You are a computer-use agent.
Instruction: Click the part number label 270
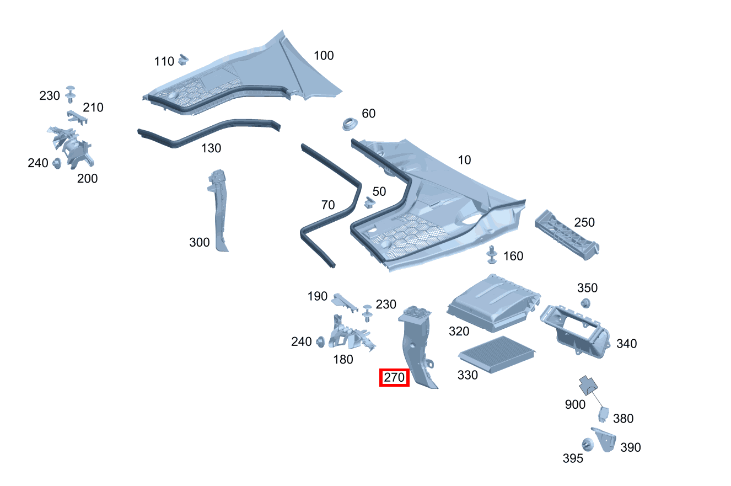394,378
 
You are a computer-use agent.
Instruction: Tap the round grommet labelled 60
350,124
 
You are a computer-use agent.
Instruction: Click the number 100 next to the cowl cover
324,56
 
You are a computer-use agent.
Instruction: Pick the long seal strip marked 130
209,132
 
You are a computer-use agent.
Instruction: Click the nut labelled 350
585,303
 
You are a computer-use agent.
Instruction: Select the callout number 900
575,404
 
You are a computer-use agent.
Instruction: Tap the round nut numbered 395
587,444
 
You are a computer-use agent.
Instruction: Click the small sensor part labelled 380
604,414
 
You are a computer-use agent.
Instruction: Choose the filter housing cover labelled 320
492,303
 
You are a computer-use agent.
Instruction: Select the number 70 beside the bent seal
328,205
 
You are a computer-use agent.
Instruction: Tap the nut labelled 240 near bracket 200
57,164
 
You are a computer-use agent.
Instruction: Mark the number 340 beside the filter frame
626,344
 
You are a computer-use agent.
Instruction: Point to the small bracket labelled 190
345,300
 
